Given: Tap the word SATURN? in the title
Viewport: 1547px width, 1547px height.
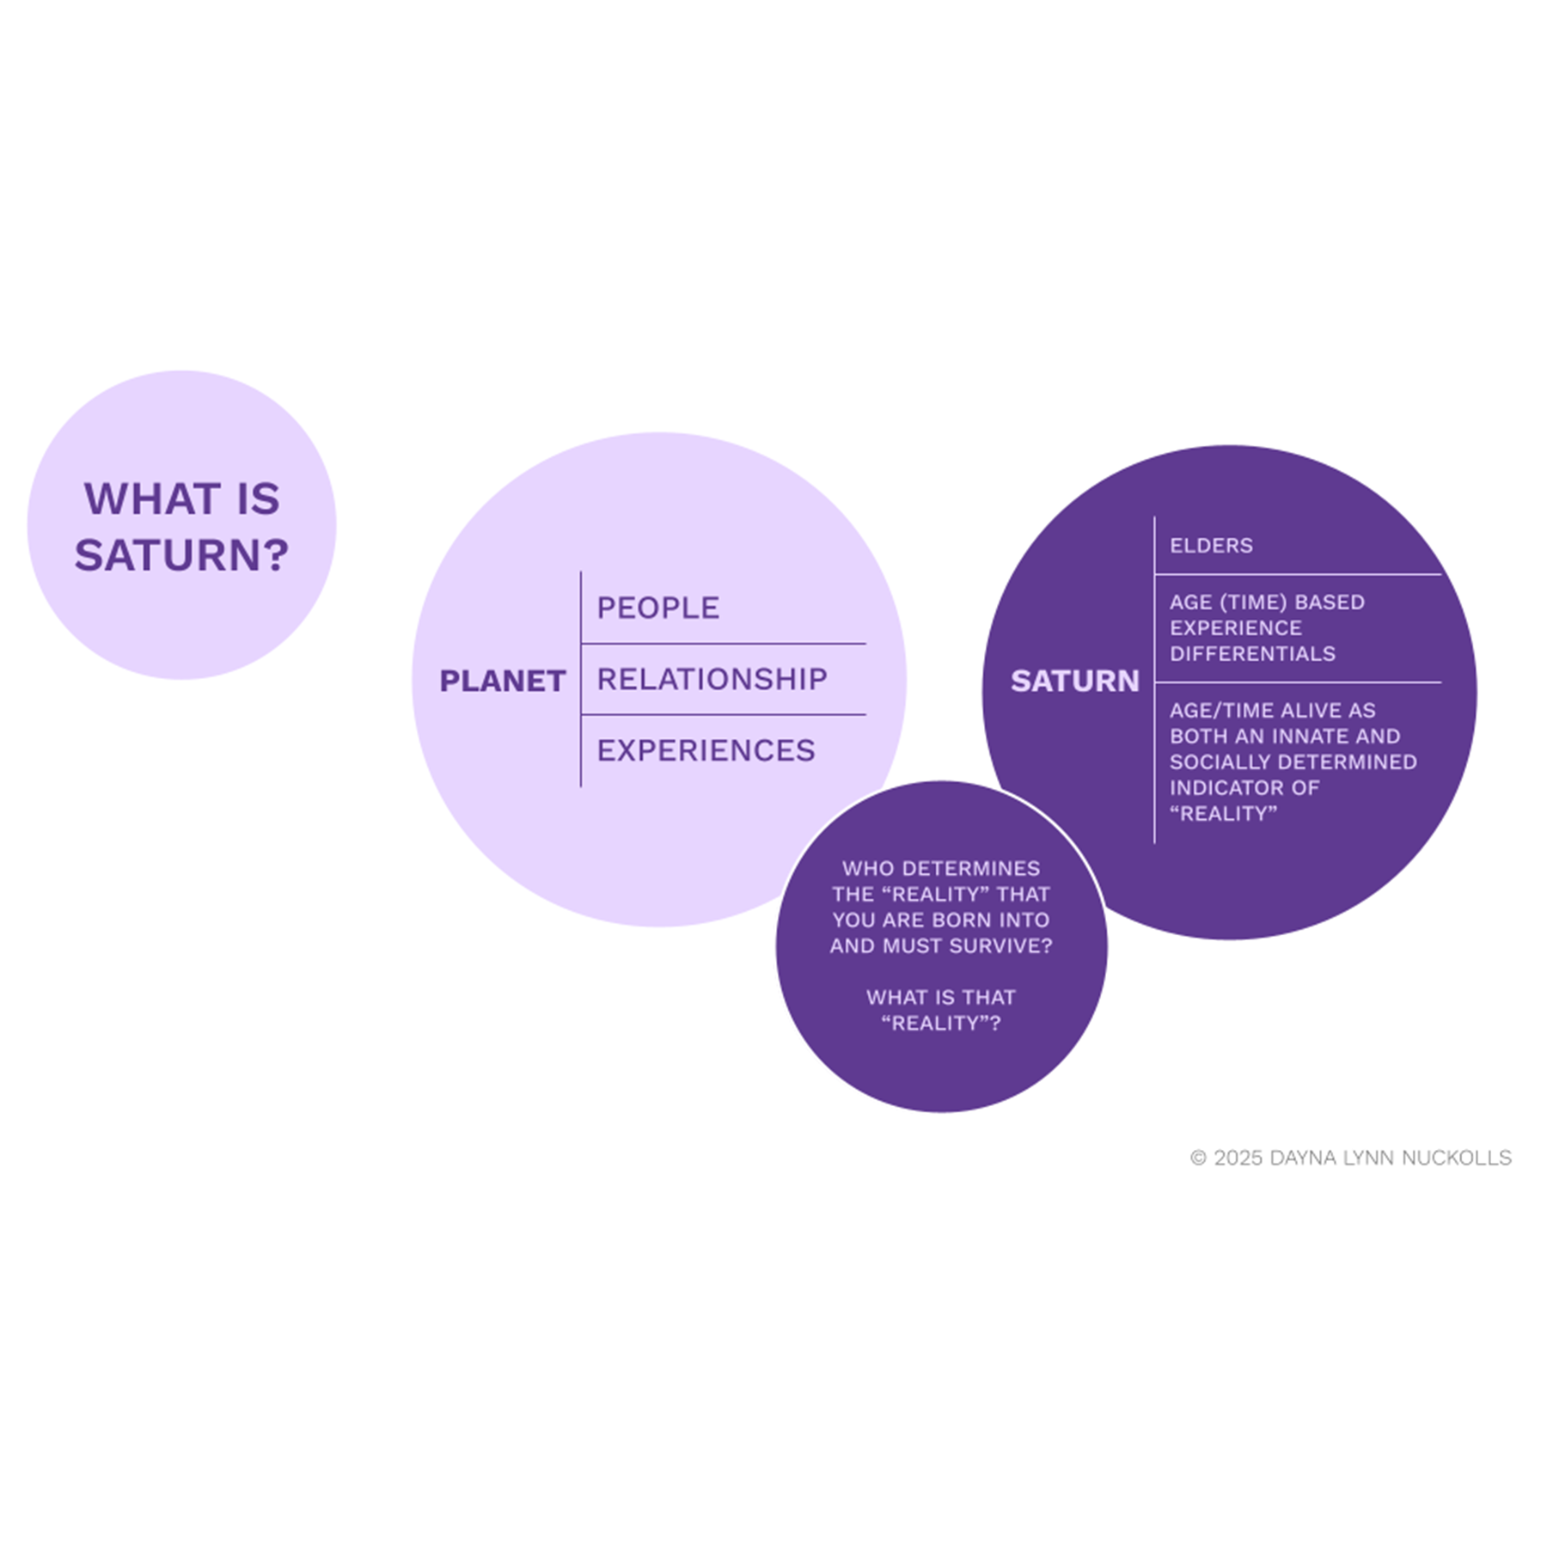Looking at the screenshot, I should coord(181,555).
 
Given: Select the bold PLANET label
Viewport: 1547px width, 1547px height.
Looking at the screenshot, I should coord(502,682).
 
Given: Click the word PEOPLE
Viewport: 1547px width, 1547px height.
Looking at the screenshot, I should coord(657,608).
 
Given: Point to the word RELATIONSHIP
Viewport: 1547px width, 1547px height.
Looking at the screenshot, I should coord(712,680).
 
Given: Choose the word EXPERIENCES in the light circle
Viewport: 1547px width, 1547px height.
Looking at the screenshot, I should coord(706,751).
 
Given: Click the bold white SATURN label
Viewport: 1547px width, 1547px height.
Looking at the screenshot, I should coord(1074,682).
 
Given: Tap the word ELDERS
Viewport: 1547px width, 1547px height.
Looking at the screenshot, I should coord(1211,546).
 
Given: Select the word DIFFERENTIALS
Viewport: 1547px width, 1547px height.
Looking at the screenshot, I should coord(1252,654).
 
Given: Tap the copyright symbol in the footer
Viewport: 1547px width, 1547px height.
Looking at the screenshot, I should coord(1198,1159).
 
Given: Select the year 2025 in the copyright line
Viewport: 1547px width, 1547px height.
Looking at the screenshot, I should coord(1238,1159).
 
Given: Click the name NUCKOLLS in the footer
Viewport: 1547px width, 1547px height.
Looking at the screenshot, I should coord(1456,1159).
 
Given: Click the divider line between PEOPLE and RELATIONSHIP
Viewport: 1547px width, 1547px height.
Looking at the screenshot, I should coord(723,644).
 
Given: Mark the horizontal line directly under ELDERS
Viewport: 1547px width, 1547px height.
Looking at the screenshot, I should coord(1298,574).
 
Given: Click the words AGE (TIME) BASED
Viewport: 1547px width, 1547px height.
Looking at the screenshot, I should coord(1267,602).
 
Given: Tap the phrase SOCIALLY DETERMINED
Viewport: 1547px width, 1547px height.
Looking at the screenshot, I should coord(1293,762).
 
